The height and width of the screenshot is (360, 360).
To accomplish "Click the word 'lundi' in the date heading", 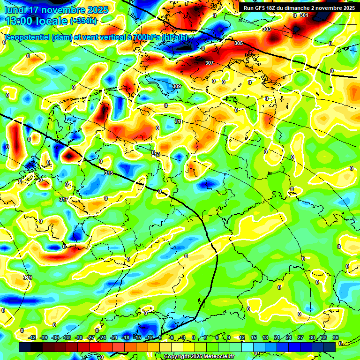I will point(16,10).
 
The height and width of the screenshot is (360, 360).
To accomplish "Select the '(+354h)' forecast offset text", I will point(83,21).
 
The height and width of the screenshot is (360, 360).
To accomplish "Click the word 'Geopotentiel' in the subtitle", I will point(27,37).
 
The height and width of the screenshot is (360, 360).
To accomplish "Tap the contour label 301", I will point(304,15).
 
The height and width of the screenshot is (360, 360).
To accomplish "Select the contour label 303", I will point(267,29).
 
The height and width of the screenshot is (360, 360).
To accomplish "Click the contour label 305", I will point(239,43).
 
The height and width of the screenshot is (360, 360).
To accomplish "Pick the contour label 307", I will point(210,63).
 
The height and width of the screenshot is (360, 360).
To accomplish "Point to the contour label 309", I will point(177,86).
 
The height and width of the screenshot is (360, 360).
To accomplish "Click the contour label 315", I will point(109,173).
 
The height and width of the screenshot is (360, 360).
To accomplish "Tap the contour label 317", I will point(64,200).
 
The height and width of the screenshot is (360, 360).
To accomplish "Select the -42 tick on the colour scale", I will point(32,337).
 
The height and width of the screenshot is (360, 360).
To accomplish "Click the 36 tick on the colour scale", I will point(336,337).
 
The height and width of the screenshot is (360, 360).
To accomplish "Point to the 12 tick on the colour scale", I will point(242,337).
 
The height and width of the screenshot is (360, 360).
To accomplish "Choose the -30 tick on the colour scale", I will point(79,337).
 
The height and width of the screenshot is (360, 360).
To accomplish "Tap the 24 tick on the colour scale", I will point(289,337).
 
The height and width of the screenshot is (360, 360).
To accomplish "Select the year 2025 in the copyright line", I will point(191,357).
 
